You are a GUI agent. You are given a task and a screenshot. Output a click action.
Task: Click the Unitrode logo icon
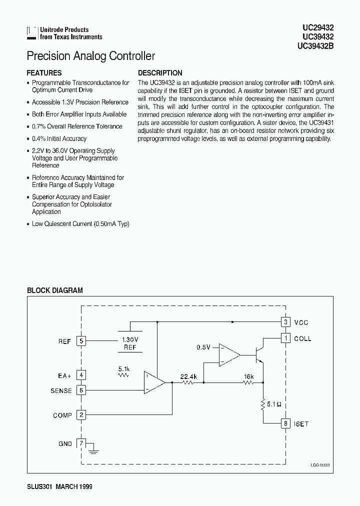click(x=32, y=33)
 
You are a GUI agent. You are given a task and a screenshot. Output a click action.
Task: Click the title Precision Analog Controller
click(x=90, y=56)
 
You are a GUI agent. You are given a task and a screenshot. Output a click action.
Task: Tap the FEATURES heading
click(x=44, y=72)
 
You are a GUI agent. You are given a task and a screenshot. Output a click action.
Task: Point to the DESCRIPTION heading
click(x=160, y=72)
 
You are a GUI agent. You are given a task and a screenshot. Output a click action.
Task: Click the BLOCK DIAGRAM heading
click(x=54, y=290)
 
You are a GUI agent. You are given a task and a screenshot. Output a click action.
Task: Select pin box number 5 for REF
click(x=81, y=341)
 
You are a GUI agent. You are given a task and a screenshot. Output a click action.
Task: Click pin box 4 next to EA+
click(x=81, y=375)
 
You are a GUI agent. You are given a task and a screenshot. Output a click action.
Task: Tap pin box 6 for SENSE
click(x=81, y=390)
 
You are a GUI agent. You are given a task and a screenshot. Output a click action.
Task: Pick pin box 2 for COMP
click(x=81, y=415)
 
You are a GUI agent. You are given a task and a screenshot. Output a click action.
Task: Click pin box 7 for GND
click(x=81, y=443)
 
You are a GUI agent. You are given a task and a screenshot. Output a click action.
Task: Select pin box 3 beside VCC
click(x=285, y=322)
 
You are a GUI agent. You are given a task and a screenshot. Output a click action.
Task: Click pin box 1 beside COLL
click(x=285, y=338)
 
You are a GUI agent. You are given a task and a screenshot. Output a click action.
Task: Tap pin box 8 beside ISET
click(x=285, y=423)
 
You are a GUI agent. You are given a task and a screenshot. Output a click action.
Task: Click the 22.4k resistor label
click(x=188, y=376)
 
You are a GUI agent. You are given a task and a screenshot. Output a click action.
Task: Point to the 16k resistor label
click(x=249, y=376)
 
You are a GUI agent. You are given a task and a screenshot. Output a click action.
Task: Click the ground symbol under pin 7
click(x=93, y=451)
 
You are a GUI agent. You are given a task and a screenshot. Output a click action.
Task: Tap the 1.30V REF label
click(x=130, y=342)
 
